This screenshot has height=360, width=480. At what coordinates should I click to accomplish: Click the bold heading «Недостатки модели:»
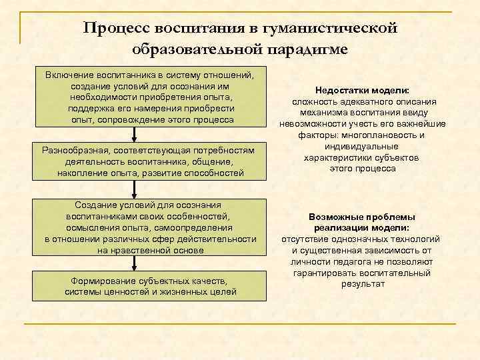(x=363, y=90)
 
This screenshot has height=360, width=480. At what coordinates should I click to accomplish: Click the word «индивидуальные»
(x=363, y=146)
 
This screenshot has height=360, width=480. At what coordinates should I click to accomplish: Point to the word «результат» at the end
(x=363, y=284)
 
